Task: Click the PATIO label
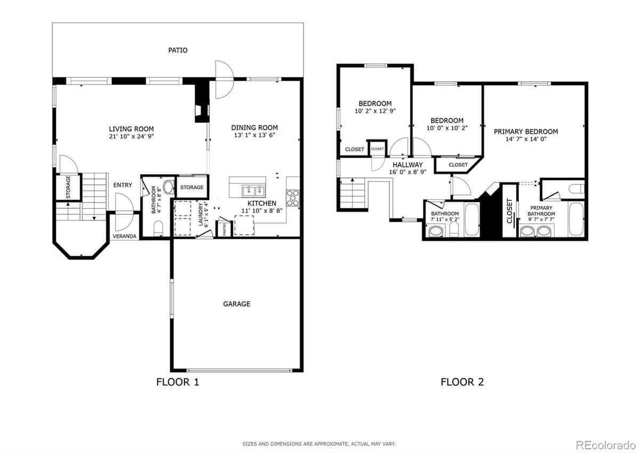click(x=178, y=50)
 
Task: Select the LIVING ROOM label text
click(x=131, y=129)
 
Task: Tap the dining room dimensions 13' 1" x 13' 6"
click(x=254, y=136)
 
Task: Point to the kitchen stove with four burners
click(x=293, y=198)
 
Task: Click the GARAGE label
click(x=236, y=304)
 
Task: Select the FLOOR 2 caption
click(x=462, y=382)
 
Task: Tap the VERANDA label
click(x=125, y=236)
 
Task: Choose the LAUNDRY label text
click(x=201, y=215)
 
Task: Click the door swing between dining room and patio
click(x=223, y=80)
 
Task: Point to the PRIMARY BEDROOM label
click(x=525, y=131)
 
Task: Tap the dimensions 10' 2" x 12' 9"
click(x=375, y=112)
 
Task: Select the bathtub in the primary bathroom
click(x=576, y=219)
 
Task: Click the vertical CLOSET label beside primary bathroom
click(x=509, y=211)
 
